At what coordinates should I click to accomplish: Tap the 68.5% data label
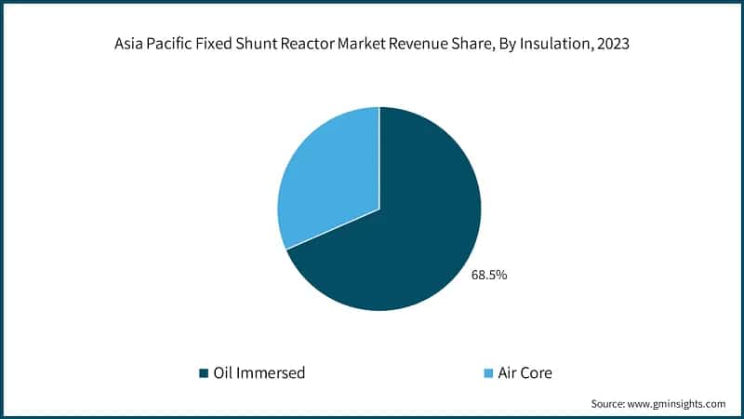coord(488,275)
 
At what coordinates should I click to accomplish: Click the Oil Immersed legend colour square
coord(204,373)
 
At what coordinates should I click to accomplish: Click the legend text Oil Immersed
coord(259,373)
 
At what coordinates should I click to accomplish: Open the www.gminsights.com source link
coord(678,403)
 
